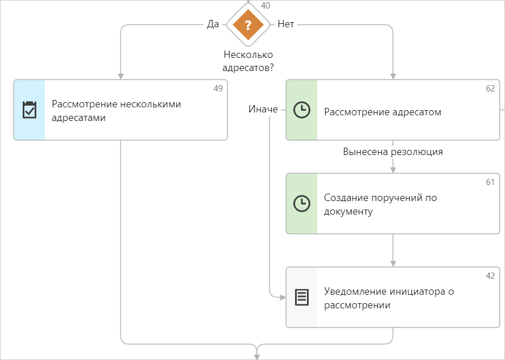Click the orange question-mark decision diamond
point(248,25)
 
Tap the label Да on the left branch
point(213,24)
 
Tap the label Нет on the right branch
point(285,24)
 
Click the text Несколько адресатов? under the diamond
point(248,61)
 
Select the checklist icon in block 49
point(29,110)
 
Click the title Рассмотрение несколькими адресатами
point(116,111)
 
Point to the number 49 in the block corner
point(218,89)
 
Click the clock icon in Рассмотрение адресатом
point(301,110)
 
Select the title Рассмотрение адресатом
point(382,112)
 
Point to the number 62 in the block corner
point(490,89)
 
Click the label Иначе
point(263,109)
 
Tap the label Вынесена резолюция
point(393,152)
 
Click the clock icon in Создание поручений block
point(301,204)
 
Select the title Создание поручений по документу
point(380,204)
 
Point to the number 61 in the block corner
point(490,182)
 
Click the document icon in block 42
point(302,297)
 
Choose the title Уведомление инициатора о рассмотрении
point(389,298)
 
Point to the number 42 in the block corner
point(490,276)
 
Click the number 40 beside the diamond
point(265,6)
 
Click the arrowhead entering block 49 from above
point(120,76)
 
